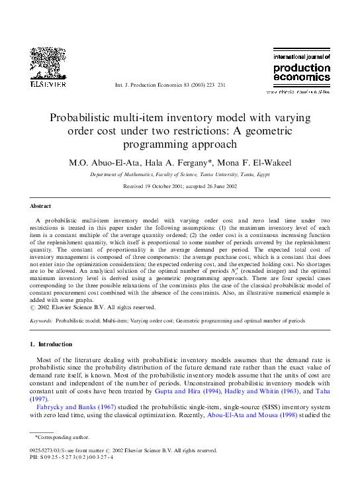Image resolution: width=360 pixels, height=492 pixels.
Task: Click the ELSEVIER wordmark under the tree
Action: [47, 85]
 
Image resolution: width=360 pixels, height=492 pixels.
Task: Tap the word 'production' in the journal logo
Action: [302, 68]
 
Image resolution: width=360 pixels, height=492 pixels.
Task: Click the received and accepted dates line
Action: [179, 187]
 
